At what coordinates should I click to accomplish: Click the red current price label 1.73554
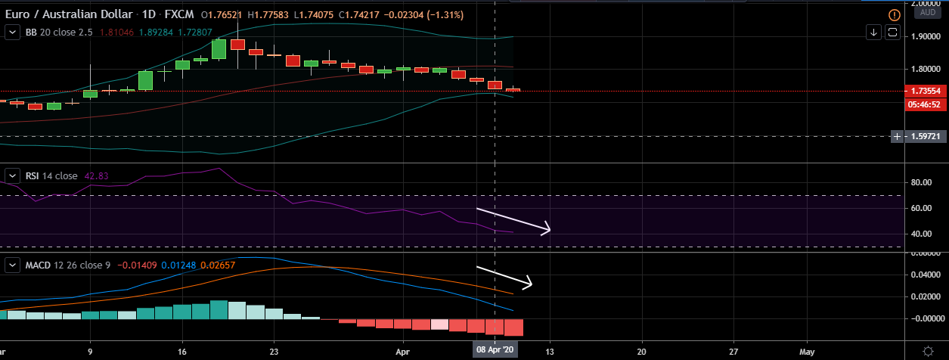click(x=926, y=91)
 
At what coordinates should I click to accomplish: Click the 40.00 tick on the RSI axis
click(x=920, y=234)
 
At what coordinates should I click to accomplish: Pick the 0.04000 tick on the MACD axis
click(x=924, y=275)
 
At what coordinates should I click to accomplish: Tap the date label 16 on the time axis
click(x=182, y=352)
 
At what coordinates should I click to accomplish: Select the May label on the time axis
click(x=808, y=352)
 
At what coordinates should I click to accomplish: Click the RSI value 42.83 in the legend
click(x=96, y=176)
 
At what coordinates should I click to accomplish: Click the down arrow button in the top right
click(x=873, y=32)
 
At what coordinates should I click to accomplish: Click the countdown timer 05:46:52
click(x=926, y=104)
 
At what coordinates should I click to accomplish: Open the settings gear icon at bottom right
click(x=928, y=351)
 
